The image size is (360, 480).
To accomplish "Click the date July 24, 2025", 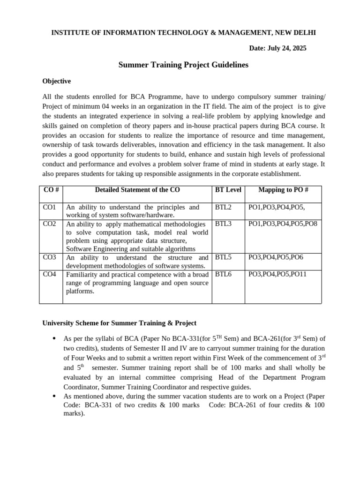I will click(277, 48).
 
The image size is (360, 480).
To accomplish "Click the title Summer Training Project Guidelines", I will click(183, 65).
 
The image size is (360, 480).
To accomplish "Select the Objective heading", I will click(57, 81).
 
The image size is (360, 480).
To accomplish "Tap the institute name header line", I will click(183, 32).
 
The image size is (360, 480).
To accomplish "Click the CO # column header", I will click(51, 190).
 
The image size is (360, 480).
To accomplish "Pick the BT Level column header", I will click(228, 190).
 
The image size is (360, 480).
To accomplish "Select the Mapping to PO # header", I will click(283, 190).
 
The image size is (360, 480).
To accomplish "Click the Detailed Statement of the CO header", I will click(137, 190).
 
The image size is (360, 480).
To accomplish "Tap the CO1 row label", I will click(49, 207).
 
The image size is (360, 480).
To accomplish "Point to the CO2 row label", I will click(49, 224).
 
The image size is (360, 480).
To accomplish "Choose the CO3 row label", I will click(49, 257).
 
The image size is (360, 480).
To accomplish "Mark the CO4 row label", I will click(49, 274).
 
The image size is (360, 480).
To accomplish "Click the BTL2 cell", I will click(224, 207).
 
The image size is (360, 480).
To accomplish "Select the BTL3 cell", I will click(224, 224).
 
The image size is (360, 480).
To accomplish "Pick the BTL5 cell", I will click(224, 257).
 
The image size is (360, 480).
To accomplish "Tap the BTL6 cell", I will click(224, 274).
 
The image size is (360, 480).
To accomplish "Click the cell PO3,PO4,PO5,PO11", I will click(277, 274).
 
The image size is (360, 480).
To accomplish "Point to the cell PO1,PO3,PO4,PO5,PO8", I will click(283, 224).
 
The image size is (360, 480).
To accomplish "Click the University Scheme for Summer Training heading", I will click(120, 323).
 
